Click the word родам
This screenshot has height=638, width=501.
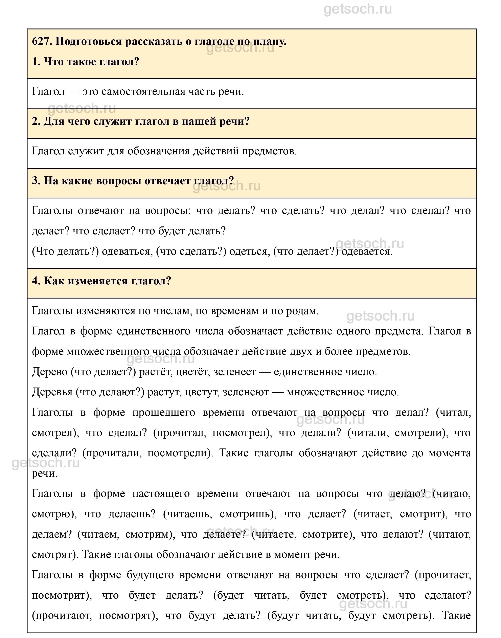tap(305, 311)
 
